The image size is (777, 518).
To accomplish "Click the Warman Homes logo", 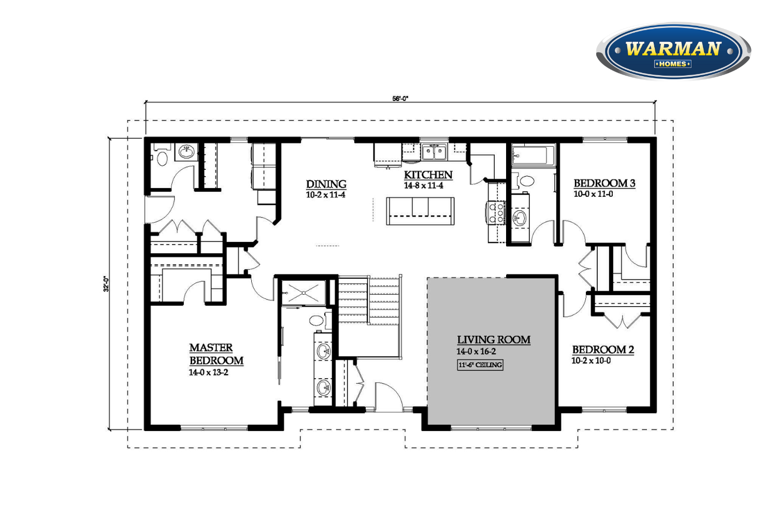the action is pos(673,51).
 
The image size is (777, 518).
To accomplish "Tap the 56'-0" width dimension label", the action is pos(400,98).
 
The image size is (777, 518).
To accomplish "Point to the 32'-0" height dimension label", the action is pos(106,283).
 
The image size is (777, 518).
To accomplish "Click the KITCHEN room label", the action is pos(428,175).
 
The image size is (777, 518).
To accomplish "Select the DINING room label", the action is pos(326,184).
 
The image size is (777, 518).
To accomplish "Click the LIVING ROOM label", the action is pos(494,340).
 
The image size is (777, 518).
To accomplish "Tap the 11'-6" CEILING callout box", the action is pos(480,365).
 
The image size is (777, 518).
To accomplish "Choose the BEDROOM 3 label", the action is pos(605,183).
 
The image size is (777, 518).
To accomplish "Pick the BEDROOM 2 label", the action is pos(603,349).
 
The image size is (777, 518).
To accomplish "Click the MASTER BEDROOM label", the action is pos(216,354).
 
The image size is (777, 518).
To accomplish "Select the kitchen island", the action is pos(420,211).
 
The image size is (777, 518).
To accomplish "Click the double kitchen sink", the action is pos(434,152).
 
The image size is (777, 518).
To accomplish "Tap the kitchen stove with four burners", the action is pos(496,212).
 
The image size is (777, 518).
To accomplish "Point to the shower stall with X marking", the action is pos(304,293).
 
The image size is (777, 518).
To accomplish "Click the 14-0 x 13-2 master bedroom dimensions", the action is pos(208,372).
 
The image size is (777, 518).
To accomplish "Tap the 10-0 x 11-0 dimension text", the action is pos(593,194).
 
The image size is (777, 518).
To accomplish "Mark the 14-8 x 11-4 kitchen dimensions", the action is pos(424,185).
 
